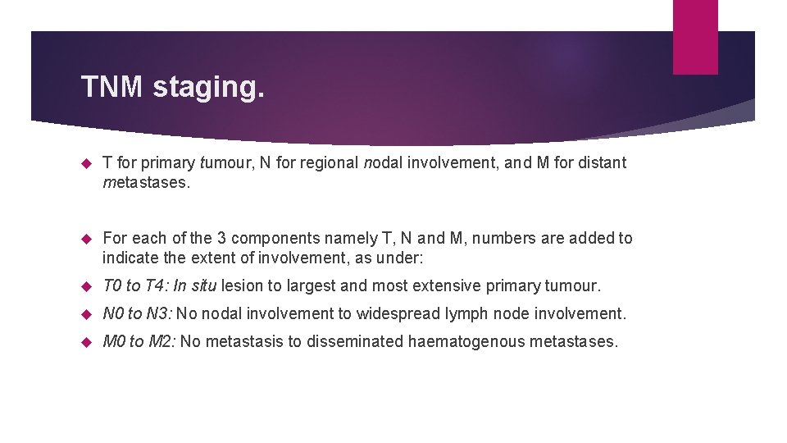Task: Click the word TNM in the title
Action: point(112,86)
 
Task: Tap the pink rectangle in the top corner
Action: point(694,37)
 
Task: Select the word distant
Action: point(598,162)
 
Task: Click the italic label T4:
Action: point(156,286)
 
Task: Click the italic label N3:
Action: point(157,313)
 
